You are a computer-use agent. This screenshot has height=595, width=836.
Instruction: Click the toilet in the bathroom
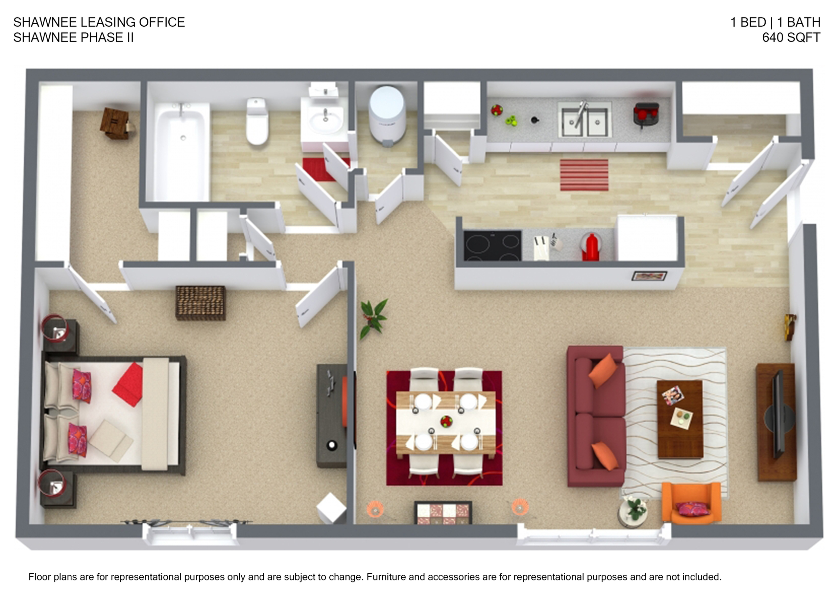pyautogui.click(x=257, y=121)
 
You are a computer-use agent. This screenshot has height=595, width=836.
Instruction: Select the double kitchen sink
pyautogui.click(x=584, y=118)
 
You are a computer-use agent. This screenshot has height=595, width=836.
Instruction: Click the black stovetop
pyautogui.click(x=492, y=245)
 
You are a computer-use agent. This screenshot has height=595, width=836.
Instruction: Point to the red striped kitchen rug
pyautogui.click(x=584, y=175)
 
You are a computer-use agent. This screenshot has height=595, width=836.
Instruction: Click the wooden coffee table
pyautogui.click(x=680, y=419)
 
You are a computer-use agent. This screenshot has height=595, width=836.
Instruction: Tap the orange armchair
pyautogui.click(x=691, y=503)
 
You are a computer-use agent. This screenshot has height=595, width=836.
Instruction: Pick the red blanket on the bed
pyautogui.click(x=128, y=384)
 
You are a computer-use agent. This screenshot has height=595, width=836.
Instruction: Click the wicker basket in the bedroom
pyautogui.click(x=200, y=303)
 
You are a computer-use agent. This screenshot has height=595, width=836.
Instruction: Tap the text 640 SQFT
pyautogui.click(x=791, y=38)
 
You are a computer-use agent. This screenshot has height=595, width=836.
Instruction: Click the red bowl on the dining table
pyautogui.click(x=446, y=421)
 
